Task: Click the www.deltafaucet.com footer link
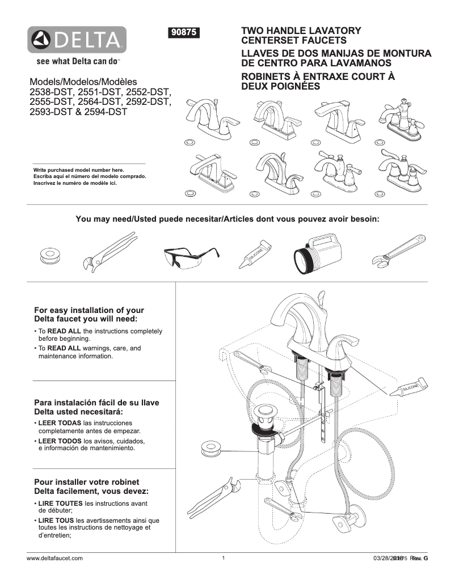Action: [55, 558]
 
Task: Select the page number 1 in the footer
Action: [224, 558]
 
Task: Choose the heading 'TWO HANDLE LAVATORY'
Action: [301, 31]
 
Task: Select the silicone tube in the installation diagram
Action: [409, 388]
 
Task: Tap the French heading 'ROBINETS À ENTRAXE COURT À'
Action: [318, 77]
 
